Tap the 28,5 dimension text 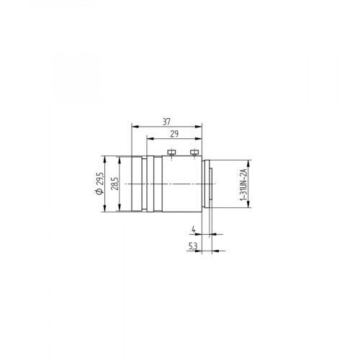coord(114,184)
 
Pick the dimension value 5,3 coord(193,246)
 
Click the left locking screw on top coord(171,153)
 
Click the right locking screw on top coord(194,153)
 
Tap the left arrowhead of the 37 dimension coord(132,126)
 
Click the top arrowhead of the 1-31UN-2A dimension coord(248,161)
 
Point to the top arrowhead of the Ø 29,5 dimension coord(106,156)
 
